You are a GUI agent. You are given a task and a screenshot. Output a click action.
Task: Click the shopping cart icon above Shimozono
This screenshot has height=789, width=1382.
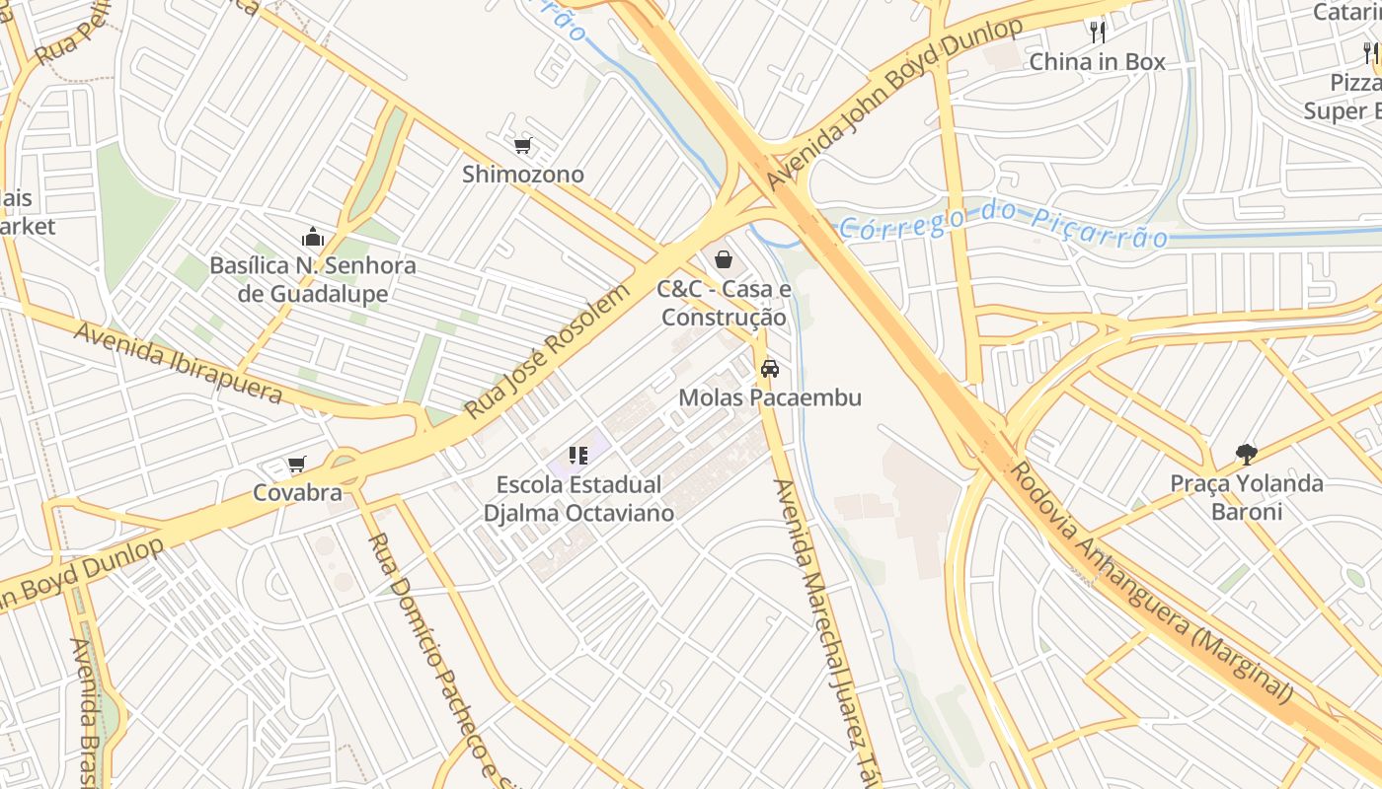click(523, 146)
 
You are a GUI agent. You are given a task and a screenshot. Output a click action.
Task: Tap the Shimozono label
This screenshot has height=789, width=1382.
click(523, 175)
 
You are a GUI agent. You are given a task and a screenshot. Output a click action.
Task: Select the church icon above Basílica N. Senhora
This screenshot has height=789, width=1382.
click(313, 237)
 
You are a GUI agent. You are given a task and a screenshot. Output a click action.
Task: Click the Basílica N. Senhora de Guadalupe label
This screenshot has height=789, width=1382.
click(313, 280)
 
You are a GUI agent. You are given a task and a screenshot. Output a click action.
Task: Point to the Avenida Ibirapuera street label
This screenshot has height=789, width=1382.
click(178, 362)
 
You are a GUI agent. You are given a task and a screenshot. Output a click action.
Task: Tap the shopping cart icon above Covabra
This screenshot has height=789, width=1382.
click(296, 464)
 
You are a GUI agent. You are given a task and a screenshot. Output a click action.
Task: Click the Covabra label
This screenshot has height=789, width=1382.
click(297, 493)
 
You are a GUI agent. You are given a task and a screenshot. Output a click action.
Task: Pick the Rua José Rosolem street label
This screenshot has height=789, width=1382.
click(547, 352)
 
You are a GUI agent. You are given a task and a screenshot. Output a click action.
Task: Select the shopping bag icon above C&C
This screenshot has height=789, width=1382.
click(724, 259)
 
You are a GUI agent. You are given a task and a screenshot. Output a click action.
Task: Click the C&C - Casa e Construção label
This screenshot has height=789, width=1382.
click(725, 304)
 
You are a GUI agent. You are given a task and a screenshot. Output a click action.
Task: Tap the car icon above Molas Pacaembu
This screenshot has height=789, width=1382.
click(770, 369)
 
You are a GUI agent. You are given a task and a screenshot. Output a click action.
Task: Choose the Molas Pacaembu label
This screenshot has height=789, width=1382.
click(770, 397)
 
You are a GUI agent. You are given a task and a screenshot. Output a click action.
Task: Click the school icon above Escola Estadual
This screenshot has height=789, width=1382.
click(578, 456)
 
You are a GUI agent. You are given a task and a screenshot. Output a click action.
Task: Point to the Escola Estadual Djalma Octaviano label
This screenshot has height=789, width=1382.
click(578, 499)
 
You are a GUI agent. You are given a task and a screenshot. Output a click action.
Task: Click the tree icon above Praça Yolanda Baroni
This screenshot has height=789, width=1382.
click(1246, 455)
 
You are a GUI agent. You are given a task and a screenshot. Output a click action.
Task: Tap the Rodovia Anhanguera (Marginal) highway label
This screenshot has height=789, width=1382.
click(1152, 584)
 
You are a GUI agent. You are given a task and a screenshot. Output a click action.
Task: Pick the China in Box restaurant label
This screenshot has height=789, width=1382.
click(1097, 61)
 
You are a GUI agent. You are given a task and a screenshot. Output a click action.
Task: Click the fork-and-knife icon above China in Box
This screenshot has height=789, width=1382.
click(1097, 32)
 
